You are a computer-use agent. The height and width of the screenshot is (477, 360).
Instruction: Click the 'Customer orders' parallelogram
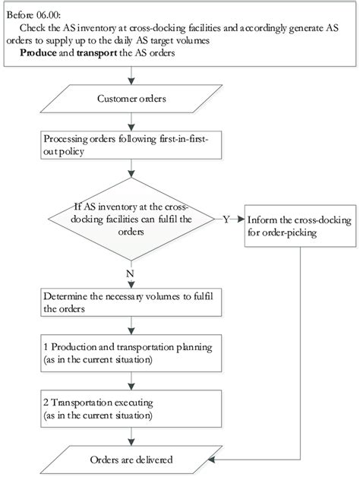coord(133,99)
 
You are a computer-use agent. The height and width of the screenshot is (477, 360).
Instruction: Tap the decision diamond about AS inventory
coord(133,219)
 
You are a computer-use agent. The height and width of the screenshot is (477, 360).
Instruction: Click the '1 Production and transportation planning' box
coord(133,353)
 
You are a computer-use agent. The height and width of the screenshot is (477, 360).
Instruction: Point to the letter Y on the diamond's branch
coord(226,219)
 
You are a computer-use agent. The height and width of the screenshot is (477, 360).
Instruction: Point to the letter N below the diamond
coord(133,272)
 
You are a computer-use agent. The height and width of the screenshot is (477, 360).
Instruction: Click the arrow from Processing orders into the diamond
coord(133,169)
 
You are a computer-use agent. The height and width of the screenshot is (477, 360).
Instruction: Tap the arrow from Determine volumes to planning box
coord(133,327)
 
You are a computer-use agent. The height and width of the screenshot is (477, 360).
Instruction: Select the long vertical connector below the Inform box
coord(303,342)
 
